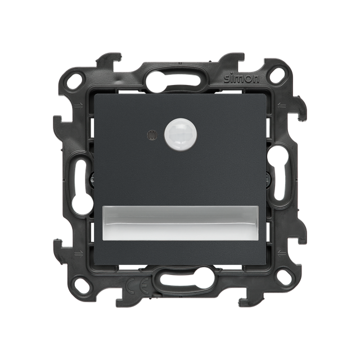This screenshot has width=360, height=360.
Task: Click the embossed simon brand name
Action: click(241, 79)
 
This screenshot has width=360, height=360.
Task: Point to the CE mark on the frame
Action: click(138, 285)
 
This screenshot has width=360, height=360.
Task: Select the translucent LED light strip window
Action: click(180, 223)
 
